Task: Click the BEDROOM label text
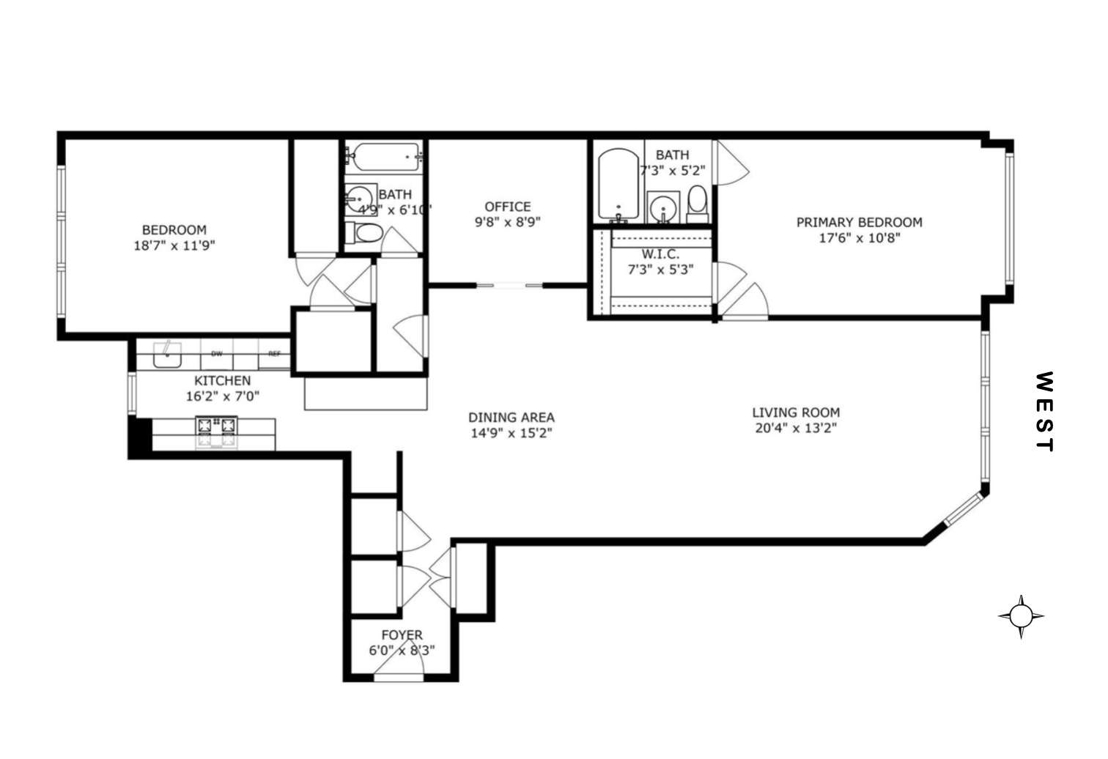pyautogui.click(x=174, y=229)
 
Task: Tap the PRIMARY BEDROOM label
pyautogui.click(x=859, y=222)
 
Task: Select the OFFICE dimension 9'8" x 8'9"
pyautogui.click(x=507, y=223)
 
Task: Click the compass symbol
pyautogui.click(x=1021, y=616)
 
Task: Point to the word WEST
pyautogui.click(x=1044, y=412)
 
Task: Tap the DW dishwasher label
pyautogui.click(x=216, y=354)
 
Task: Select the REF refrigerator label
pyautogui.click(x=274, y=354)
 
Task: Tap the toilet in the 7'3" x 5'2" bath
pyautogui.click(x=697, y=203)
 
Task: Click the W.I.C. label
pyautogui.click(x=660, y=253)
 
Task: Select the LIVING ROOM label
pyautogui.click(x=796, y=412)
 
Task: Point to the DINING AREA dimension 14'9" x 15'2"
pyautogui.click(x=511, y=433)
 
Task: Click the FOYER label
pyautogui.click(x=402, y=635)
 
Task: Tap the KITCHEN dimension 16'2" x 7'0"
pyautogui.click(x=222, y=396)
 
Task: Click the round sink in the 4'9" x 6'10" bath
pyautogui.click(x=360, y=198)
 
